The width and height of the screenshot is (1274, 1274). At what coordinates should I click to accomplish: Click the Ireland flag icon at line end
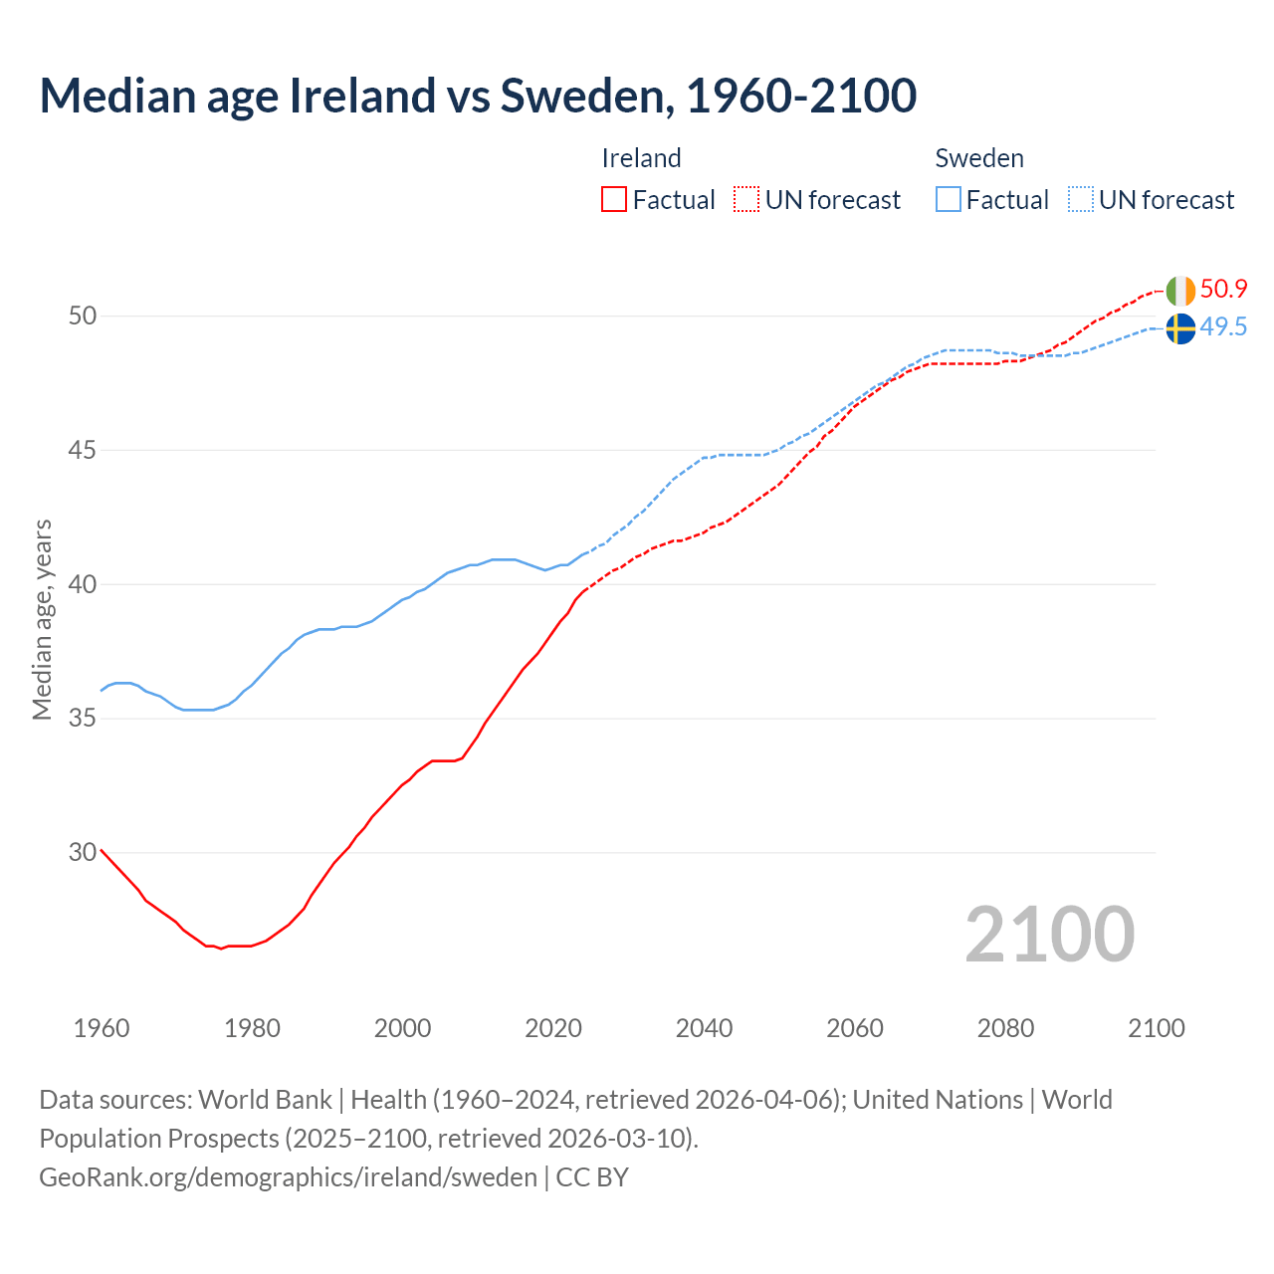click(x=1180, y=291)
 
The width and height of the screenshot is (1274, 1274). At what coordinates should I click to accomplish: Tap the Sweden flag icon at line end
click(x=1180, y=328)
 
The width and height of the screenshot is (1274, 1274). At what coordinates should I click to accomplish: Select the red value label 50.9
click(x=1223, y=290)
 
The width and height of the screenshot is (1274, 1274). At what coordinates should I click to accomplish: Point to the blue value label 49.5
click(x=1223, y=327)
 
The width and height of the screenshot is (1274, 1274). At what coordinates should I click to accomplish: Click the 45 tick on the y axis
click(x=83, y=450)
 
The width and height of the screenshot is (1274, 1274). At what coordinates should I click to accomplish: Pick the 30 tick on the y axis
click(x=83, y=852)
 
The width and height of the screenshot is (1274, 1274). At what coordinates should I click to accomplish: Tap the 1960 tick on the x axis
click(x=102, y=1028)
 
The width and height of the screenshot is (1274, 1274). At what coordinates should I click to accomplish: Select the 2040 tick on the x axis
click(x=704, y=1028)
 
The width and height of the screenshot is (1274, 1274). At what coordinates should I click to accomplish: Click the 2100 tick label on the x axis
click(x=1156, y=1028)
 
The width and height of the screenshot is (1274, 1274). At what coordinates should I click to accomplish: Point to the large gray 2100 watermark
click(x=1049, y=935)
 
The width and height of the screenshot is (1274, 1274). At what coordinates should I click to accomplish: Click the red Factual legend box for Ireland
click(x=614, y=200)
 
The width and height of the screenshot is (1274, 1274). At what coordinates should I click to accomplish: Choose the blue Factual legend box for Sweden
click(x=949, y=200)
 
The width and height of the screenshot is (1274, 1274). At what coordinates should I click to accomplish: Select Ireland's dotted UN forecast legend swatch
click(x=746, y=200)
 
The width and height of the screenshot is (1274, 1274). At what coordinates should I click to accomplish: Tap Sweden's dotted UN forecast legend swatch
click(x=1081, y=200)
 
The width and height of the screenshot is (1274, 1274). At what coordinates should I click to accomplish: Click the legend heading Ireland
click(x=641, y=158)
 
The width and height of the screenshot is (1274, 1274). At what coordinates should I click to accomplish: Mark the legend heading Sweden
click(x=979, y=158)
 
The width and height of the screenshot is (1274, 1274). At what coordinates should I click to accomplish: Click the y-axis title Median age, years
click(x=42, y=619)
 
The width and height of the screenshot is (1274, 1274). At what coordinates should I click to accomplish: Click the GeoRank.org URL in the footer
click(x=288, y=1177)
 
